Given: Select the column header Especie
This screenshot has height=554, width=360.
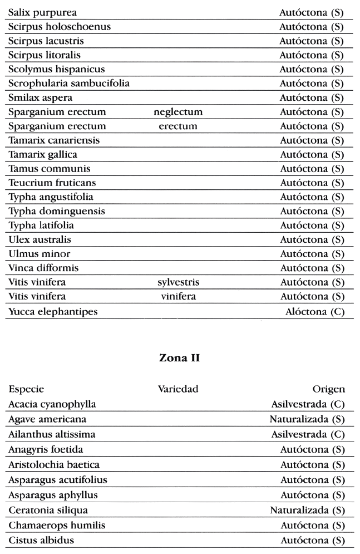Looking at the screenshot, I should (x=26, y=390).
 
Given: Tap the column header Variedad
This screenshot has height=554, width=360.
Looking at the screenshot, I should (x=178, y=390).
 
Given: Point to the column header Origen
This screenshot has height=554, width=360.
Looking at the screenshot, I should (x=329, y=390).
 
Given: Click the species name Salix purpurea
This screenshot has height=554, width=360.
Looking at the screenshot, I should (x=43, y=12).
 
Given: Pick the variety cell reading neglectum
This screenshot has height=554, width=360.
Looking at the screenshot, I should (x=178, y=112).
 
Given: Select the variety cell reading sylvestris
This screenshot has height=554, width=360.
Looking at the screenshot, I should (x=178, y=282).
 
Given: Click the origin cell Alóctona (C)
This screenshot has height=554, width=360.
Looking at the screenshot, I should (x=315, y=312).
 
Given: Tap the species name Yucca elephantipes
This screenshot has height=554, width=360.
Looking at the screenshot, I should (x=53, y=312).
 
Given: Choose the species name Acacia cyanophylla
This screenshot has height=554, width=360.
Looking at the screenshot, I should (x=52, y=404).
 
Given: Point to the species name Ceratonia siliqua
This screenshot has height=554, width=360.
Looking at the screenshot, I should (x=48, y=510).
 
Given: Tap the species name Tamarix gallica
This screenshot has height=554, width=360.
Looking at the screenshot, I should (x=43, y=154).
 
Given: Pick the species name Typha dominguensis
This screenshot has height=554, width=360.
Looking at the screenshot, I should (x=56, y=212).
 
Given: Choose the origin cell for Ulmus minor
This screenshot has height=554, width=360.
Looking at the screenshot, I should (x=312, y=254).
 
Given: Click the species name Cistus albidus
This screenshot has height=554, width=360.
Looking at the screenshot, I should (x=41, y=540).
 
